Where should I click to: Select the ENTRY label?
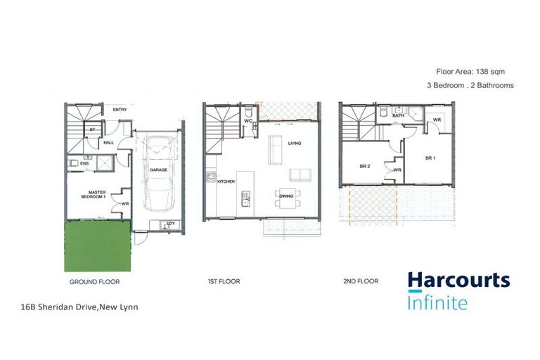(x=119, y=110)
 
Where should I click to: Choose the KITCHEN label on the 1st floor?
(x=225, y=181)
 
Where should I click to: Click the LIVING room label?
(x=294, y=143)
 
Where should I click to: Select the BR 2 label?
(x=364, y=167)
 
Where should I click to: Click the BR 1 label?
(x=430, y=159)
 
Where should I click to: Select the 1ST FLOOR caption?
(x=223, y=281)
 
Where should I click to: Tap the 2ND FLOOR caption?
(x=360, y=281)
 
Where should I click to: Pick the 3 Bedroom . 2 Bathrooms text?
(x=470, y=85)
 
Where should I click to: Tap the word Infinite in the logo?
(x=437, y=303)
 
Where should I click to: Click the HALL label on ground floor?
(x=109, y=143)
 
